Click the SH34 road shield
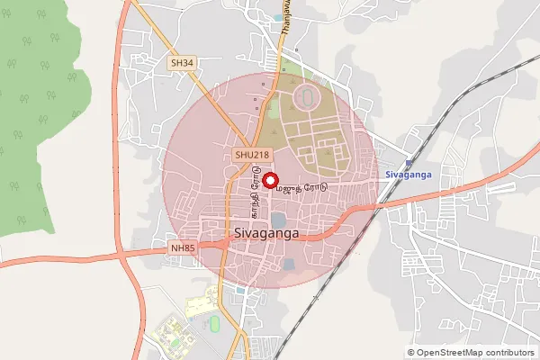coord(182,63)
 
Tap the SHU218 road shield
coord(253,155)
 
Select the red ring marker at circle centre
coord(268,180)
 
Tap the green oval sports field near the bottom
coord(214,322)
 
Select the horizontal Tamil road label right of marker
coord(301,190)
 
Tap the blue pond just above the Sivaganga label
coord(278,218)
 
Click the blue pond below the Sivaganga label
coord(288,264)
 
